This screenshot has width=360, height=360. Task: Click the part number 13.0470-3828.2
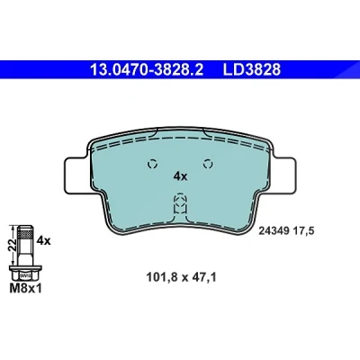click(147, 69)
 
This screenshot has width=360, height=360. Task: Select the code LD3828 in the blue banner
click(251, 69)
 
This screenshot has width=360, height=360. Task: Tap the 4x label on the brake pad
click(180, 176)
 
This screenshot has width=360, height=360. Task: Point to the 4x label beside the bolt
click(43, 240)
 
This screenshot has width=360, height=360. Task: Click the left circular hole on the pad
click(152, 164)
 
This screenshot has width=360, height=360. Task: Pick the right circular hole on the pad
click(208, 164)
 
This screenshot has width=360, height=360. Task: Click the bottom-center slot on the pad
click(180, 203)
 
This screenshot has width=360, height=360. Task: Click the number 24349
click(274, 231)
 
